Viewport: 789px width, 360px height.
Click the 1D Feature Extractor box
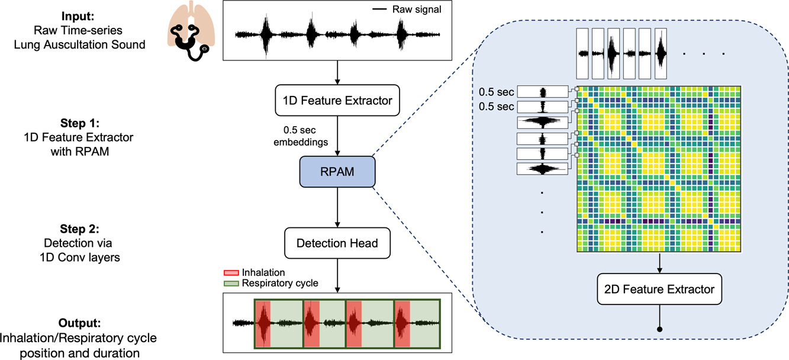337,101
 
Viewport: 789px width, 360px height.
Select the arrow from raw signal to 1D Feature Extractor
337,72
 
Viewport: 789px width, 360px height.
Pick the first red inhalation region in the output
263,323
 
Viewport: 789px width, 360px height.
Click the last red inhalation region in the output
403,323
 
